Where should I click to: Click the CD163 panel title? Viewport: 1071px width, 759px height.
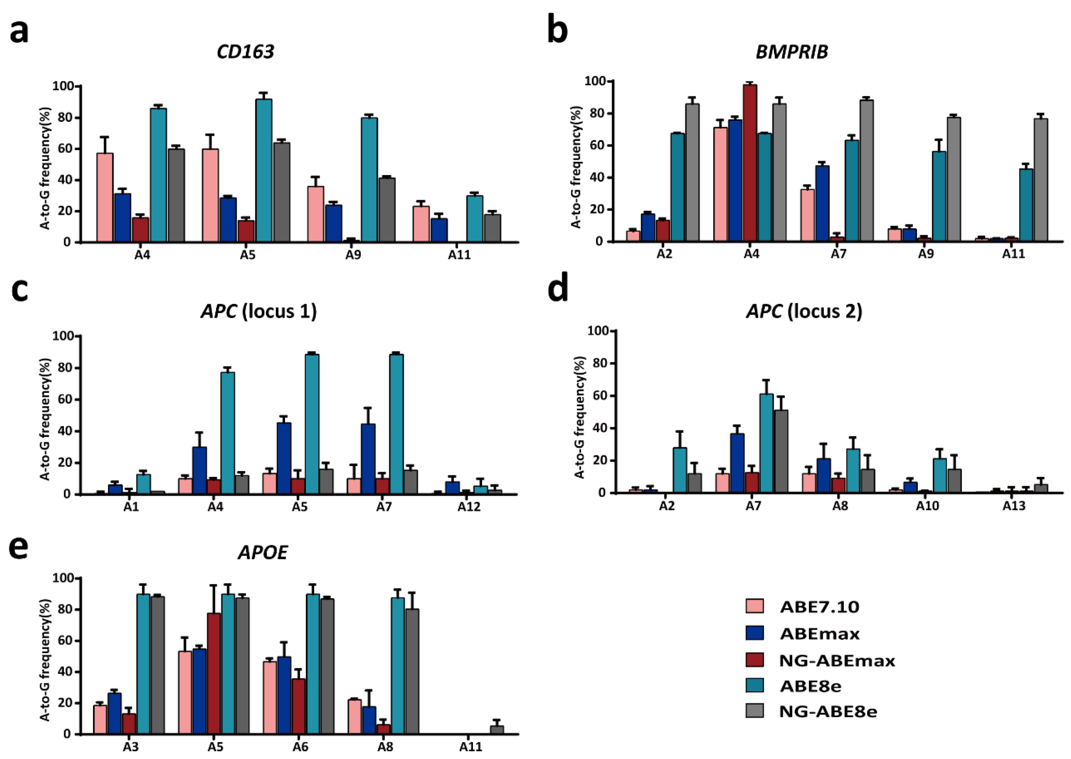click(x=245, y=51)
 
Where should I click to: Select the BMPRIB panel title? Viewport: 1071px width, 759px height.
click(x=791, y=51)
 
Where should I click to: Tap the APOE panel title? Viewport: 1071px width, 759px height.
click(x=263, y=552)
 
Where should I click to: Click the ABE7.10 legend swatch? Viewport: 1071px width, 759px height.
click(x=754, y=607)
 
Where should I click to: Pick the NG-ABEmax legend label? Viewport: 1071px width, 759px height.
click(x=837, y=660)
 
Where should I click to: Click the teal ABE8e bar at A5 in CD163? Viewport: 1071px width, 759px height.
click(x=264, y=170)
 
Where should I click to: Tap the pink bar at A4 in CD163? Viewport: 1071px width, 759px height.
click(x=105, y=197)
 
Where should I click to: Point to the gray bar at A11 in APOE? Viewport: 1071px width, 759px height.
click(x=497, y=730)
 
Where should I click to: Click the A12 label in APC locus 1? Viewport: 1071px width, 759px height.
click(x=469, y=507)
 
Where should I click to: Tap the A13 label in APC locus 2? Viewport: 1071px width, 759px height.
click(x=1014, y=506)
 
